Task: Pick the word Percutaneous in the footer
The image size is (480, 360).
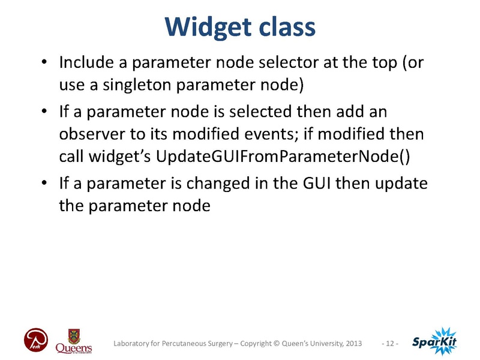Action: coord(187,343)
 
